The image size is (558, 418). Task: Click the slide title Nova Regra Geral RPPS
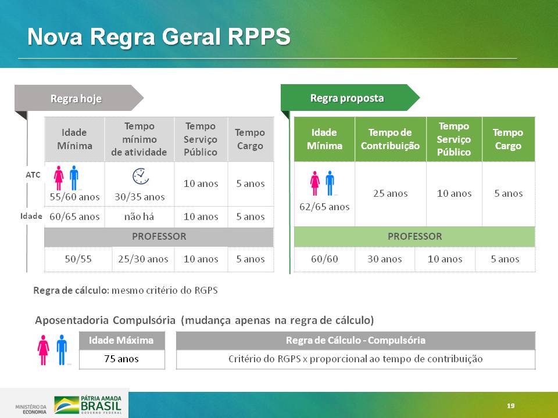pyautogui.click(x=159, y=37)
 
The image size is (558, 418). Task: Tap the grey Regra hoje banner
pyautogui.click(x=79, y=98)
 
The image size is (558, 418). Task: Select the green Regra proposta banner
pyautogui.click(x=350, y=98)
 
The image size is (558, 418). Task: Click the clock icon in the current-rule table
pyautogui.click(x=141, y=176)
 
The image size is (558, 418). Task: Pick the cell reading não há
pyautogui.click(x=139, y=217)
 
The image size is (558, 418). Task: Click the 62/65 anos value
pyautogui.click(x=324, y=207)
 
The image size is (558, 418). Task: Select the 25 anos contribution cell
pyautogui.click(x=391, y=194)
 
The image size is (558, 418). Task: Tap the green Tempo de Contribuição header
pyautogui.click(x=391, y=139)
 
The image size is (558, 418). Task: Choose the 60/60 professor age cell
pyautogui.click(x=324, y=259)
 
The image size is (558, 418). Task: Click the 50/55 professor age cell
pyautogui.click(x=78, y=259)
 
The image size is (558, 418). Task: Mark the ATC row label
pyautogui.click(x=33, y=175)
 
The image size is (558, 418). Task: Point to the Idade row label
pyautogui.click(x=31, y=216)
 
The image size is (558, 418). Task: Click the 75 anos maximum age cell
pyautogui.click(x=121, y=359)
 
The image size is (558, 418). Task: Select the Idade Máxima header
pyautogui.click(x=121, y=341)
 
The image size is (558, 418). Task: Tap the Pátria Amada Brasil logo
pyautogui.click(x=88, y=405)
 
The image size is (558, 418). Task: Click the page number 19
pyautogui.click(x=511, y=406)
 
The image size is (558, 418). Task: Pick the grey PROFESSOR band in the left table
pyautogui.click(x=159, y=237)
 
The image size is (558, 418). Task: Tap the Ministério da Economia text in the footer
pyautogui.click(x=31, y=409)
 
